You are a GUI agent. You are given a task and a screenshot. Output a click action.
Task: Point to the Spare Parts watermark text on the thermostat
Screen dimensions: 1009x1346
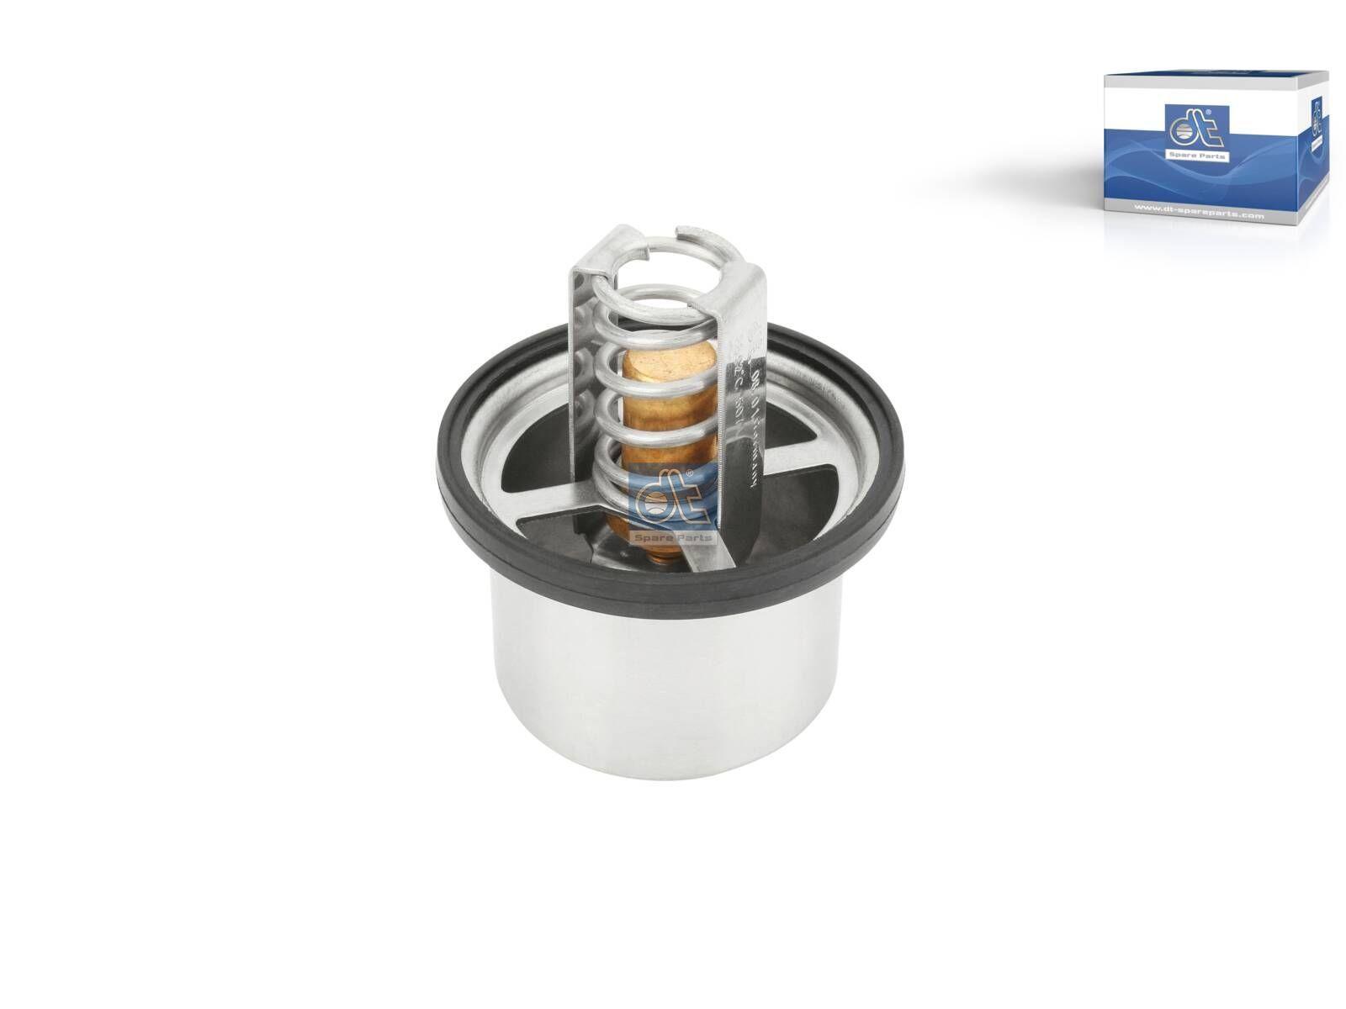pyautogui.click(x=674, y=536)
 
